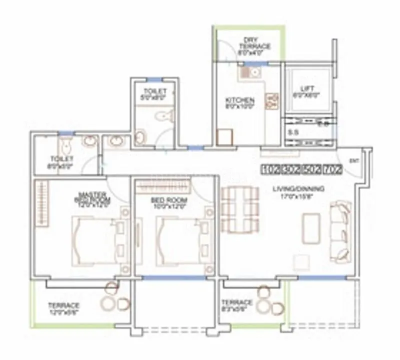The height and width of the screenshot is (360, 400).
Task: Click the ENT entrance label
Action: click(x=354, y=160)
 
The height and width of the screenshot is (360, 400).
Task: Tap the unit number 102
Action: click(x=270, y=169)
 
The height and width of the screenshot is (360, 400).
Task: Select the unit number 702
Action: click(x=332, y=169)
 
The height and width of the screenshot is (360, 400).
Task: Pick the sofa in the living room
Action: click(x=341, y=230)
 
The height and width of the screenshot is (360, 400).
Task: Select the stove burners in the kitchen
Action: click(x=272, y=101)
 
